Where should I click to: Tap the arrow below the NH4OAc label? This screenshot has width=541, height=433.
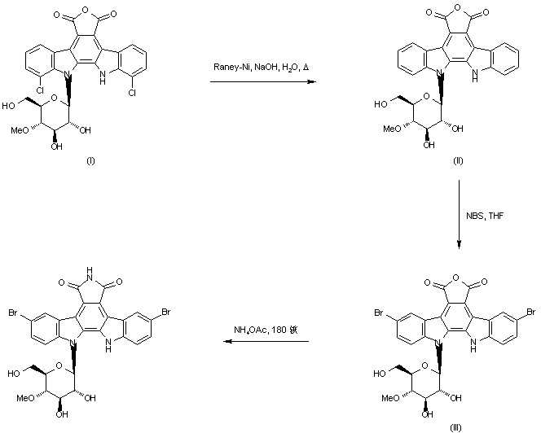(266, 342)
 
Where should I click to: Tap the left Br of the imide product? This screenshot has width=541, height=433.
(14, 313)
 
